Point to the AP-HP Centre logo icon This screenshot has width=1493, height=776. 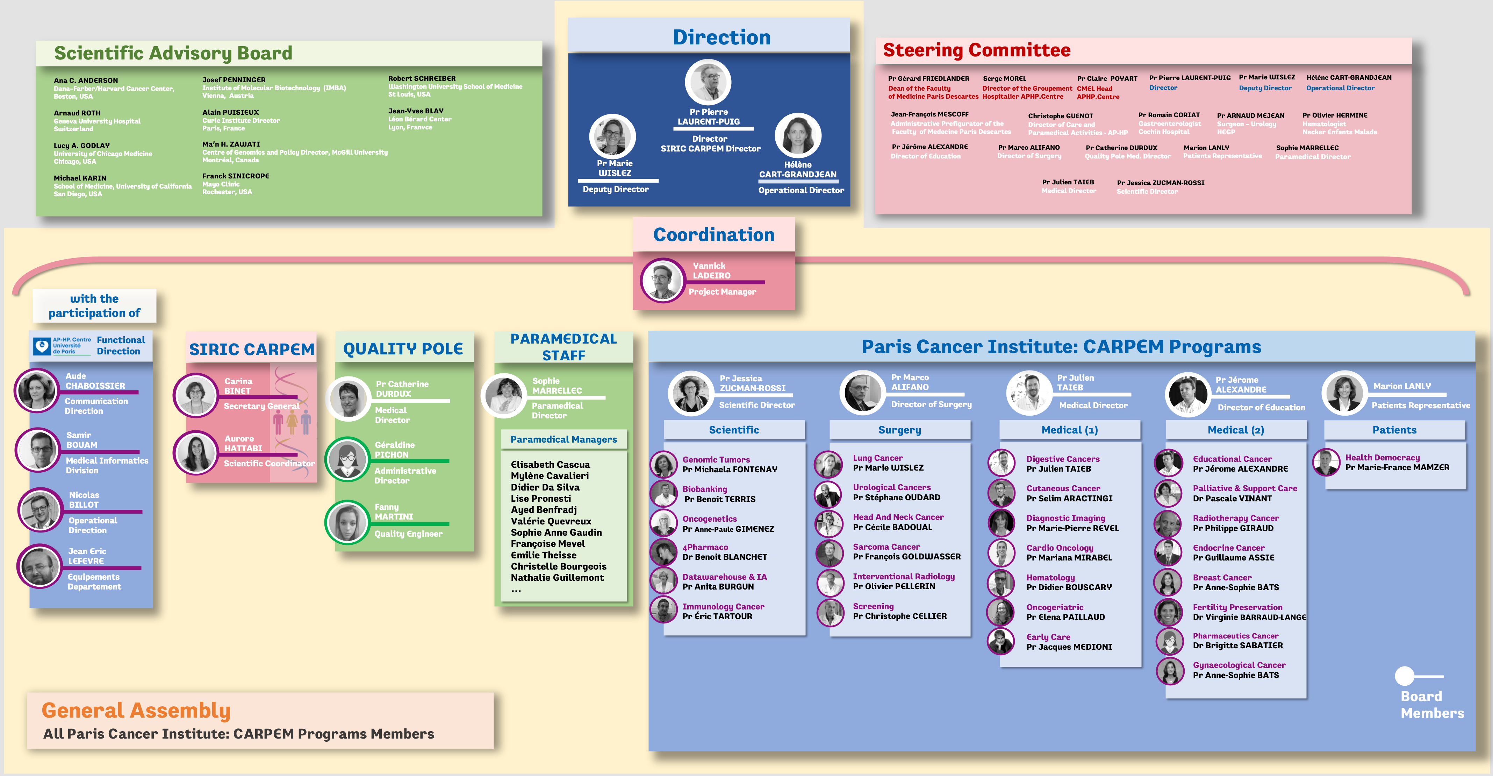(x=42, y=346)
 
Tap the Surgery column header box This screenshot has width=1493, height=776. (x=899, y=430)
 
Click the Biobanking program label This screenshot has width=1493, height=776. (x=704, y=489)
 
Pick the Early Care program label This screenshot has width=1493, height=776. (x=1048, y=637)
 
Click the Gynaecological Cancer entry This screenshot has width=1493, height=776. (x=1239, y=665)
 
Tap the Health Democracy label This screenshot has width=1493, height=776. (x=1382, y=458)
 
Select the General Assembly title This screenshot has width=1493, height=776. (x=136, y=711)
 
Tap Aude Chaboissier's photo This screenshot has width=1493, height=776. (x=36, y=390)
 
